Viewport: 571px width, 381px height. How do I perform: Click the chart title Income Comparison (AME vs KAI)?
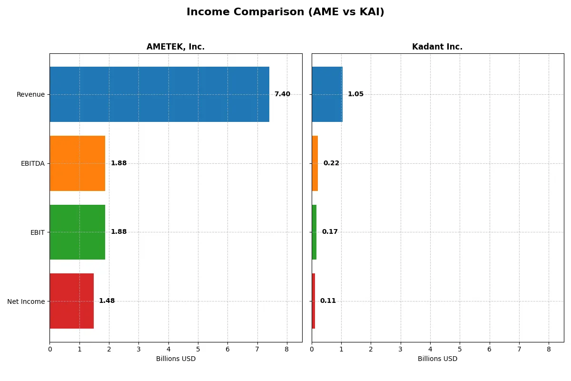pos(285,12)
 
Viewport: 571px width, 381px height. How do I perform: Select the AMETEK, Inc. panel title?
pos(176,47)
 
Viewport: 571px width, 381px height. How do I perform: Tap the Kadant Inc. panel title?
pos(437,47)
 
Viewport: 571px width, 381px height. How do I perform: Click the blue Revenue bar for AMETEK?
pos(159,94)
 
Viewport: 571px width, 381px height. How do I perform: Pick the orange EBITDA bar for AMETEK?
pos(78,163)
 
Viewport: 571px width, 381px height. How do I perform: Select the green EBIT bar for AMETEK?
pos(78,232)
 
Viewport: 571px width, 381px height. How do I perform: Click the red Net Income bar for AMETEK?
pos(72,301)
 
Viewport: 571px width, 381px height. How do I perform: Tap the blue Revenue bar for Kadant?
pos(327,94)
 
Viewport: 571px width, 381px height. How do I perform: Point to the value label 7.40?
pos(282,94)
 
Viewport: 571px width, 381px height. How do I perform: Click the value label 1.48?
pos(107,301)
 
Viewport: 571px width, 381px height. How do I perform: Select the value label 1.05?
pos(355,94)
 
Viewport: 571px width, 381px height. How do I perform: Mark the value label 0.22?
pos(331,163)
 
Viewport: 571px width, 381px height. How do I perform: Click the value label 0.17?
pos(330,232)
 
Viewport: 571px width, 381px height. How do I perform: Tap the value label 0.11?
pos(328,301)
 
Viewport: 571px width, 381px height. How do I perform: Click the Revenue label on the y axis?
pos(30,94)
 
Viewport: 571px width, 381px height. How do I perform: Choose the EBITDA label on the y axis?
pos(32,163)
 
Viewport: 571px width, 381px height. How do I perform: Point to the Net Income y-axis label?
pos(26,301)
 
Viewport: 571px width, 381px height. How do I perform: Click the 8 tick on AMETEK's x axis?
pos(287,349)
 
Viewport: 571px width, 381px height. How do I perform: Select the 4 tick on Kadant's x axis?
pos(430,349)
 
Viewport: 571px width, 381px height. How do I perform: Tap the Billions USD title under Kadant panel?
pos(437,359)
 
